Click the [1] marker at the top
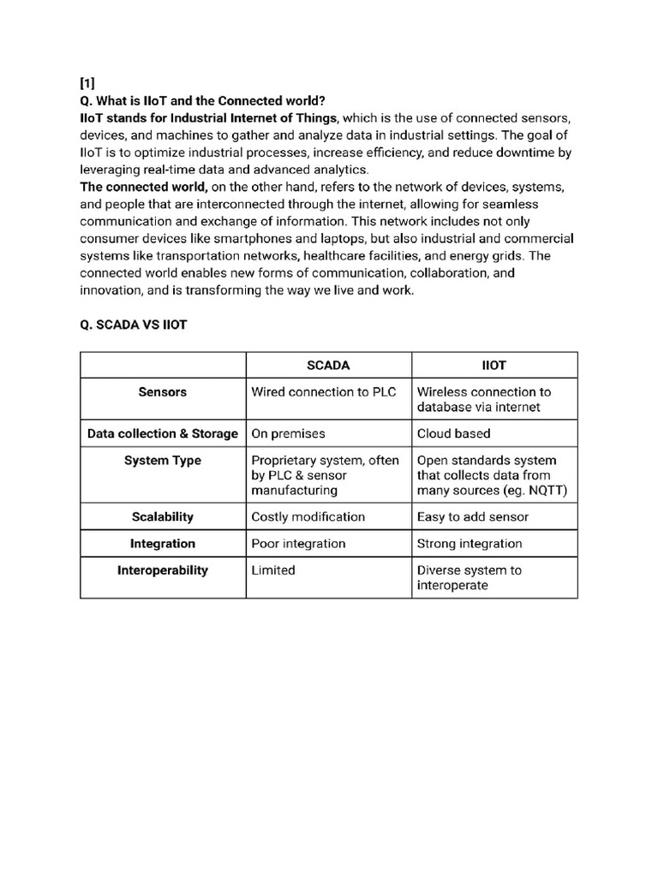click(x=87, y=83)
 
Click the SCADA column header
click(x=328, y=365)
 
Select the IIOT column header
click(x=494, y=365)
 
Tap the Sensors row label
click(x=163, y=391)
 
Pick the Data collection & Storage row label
click(x=163, y=433)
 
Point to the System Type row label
click(x=163, y=460)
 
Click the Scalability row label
click(x=163, y=516)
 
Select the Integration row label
click(x=163, y=543)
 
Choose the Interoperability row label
click(x=163, y=570)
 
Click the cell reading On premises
click(x=288, y=433)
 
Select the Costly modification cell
click(x=308, y=516)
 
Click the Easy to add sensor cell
click(x=472, y=516)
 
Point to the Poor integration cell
click(x=298, y=543)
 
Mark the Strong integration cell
click(x=469, y=543)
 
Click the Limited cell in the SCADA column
click(x=273, y=570)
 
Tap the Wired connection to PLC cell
click(x=323, y=391)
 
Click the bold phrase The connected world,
click(x=143, y=187)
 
